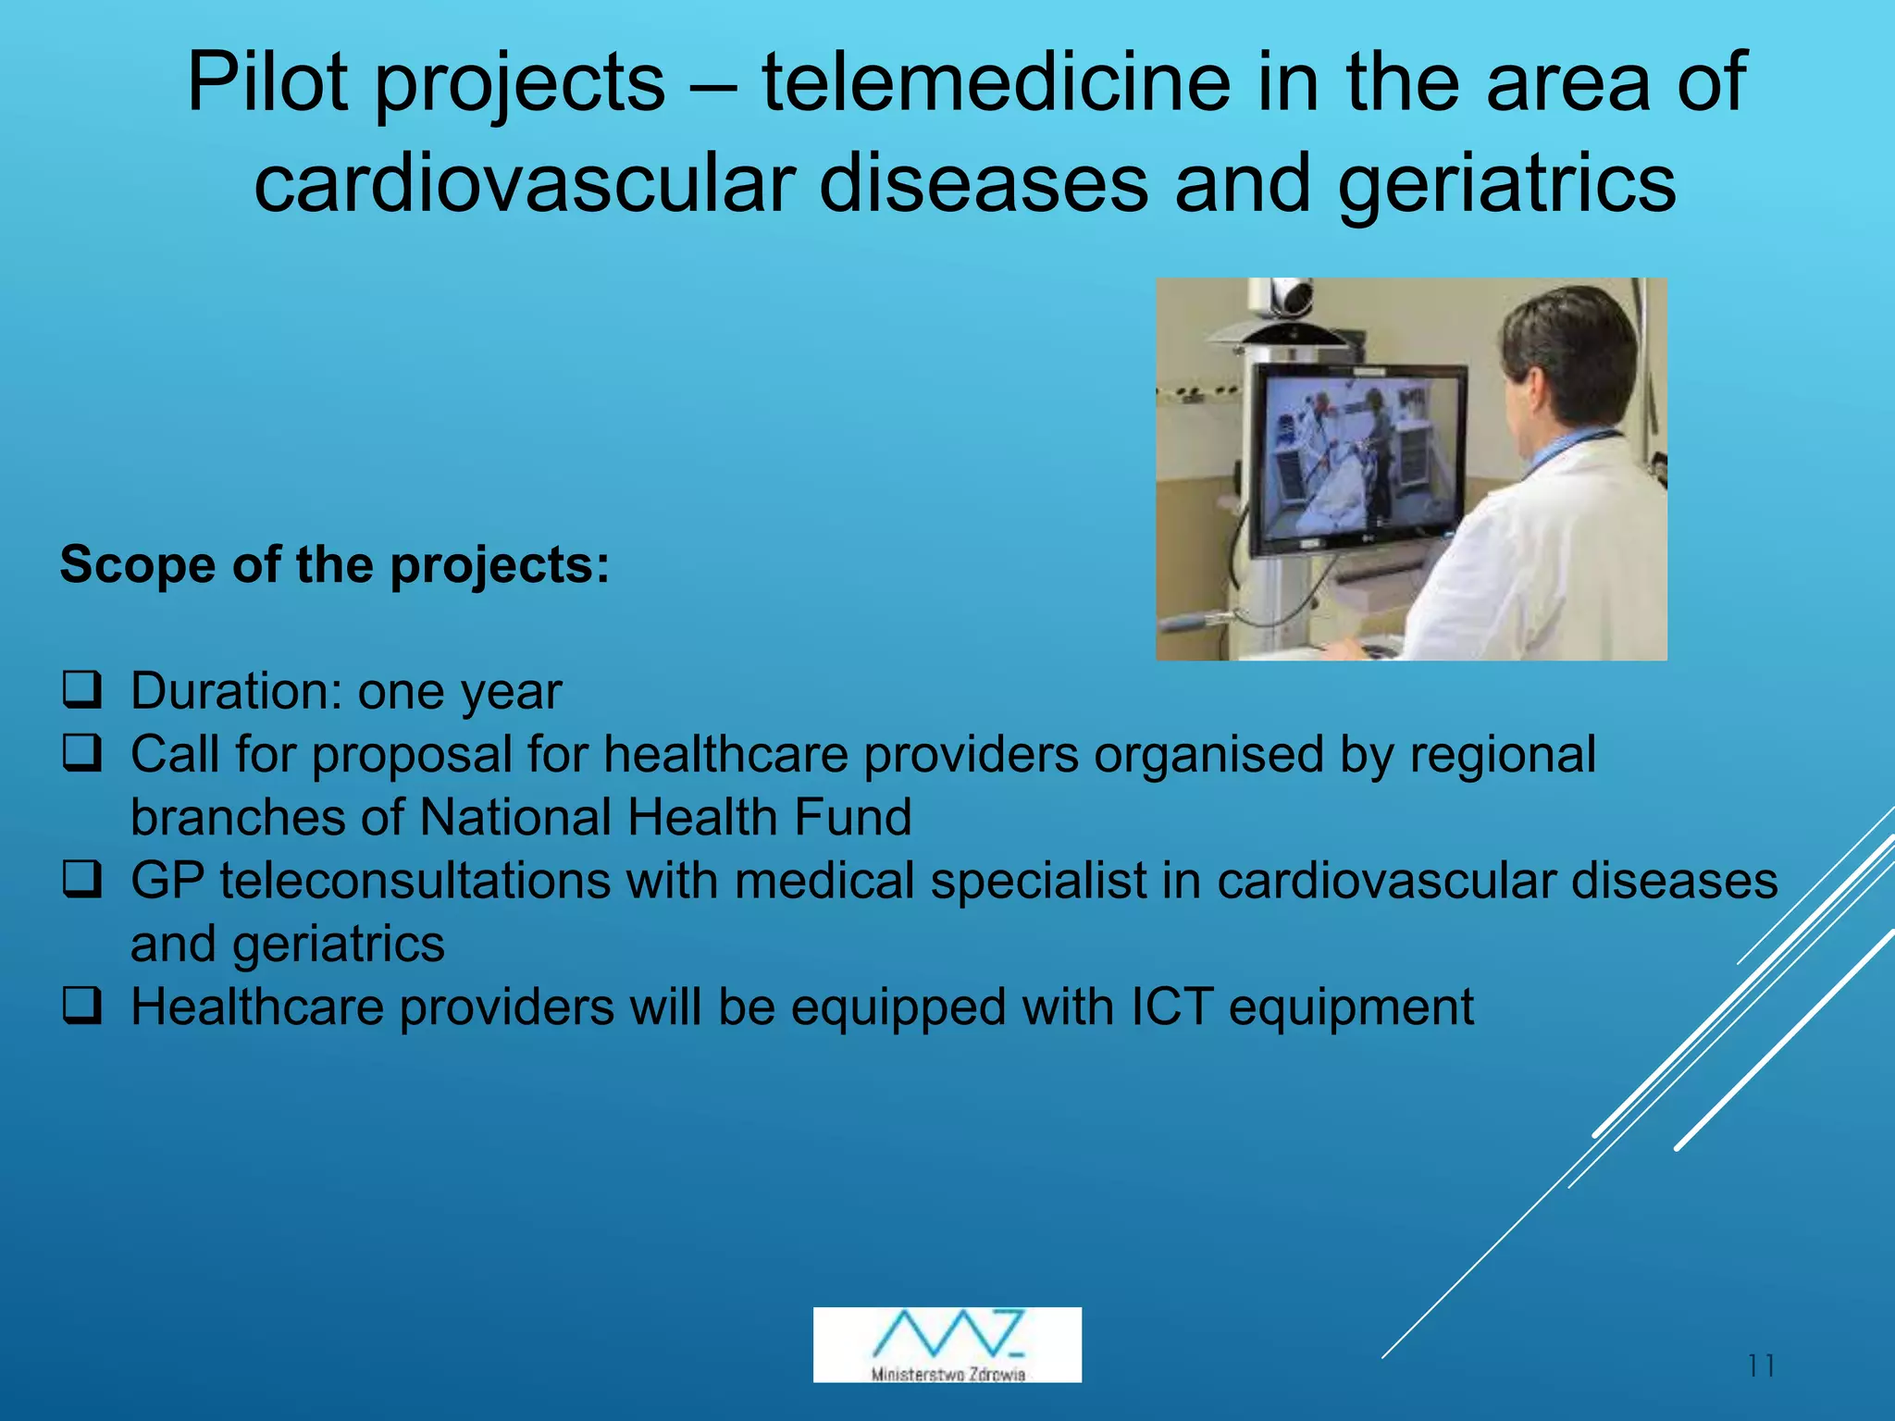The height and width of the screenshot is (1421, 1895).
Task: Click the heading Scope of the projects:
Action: click(335, 564)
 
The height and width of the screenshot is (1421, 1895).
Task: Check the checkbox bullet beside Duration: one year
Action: click(81, 691)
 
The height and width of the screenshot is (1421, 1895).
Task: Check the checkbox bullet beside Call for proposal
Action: click(81, 754)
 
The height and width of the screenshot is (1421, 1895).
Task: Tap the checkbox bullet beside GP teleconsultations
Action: click(81, 880)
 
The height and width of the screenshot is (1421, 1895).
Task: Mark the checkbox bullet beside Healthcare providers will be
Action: click(81, 1007)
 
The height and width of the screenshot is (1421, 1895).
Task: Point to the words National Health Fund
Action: click(665, 817)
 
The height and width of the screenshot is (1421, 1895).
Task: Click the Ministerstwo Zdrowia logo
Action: click(947, 1344)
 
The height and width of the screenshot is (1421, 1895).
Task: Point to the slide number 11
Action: click(1762, 1365)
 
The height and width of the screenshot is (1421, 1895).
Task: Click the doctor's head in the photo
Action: click(1564, 352)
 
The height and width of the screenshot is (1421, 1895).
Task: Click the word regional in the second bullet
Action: click(1503, 754)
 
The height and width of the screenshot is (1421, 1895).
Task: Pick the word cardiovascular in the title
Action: click(525, 183)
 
